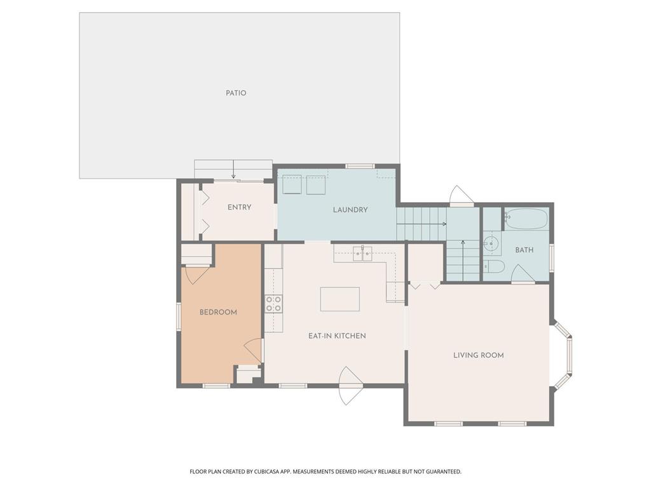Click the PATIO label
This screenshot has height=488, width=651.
[x=236, y=93]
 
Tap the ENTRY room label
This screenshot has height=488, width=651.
[x=239, y=207]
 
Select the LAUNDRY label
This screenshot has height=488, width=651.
[x=350, y=210]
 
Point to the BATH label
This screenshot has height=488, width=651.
[x=524, y=250]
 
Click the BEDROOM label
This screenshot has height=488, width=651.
[x=218, y=312]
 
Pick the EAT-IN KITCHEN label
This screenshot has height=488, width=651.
[x=337, y=335]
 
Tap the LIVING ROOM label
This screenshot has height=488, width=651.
[x=478, y=355]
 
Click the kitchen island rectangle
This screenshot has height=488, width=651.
[x=339, y=299]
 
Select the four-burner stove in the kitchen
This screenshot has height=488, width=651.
[x=273, y=303]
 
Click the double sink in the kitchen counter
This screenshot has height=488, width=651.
[x=362, y=253]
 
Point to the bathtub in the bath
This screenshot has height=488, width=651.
[x=526, y=219]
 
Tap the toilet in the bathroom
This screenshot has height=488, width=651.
[x=494, y=266]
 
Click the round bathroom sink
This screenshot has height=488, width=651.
[x=493, y=243]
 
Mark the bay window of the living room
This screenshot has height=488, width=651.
[x=563, y=354]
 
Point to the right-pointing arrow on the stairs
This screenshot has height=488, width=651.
[x=421, y=224]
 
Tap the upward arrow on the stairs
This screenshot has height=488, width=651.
[x=463, y=260]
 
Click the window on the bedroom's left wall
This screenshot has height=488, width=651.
[x=179, y=316]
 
